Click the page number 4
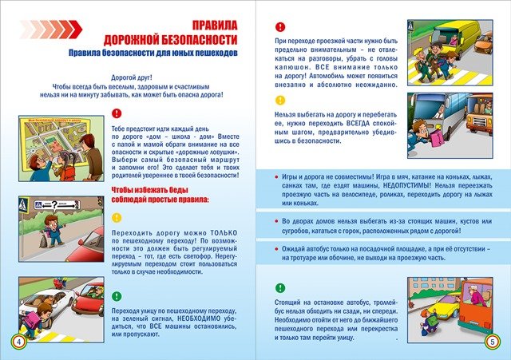coord(17,342)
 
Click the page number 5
coord(493,342)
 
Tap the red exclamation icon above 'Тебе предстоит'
coord(117,113)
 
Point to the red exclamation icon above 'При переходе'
coord(279,26)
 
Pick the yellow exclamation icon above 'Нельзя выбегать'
coord(279,101)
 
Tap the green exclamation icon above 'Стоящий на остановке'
coord(279,287)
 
